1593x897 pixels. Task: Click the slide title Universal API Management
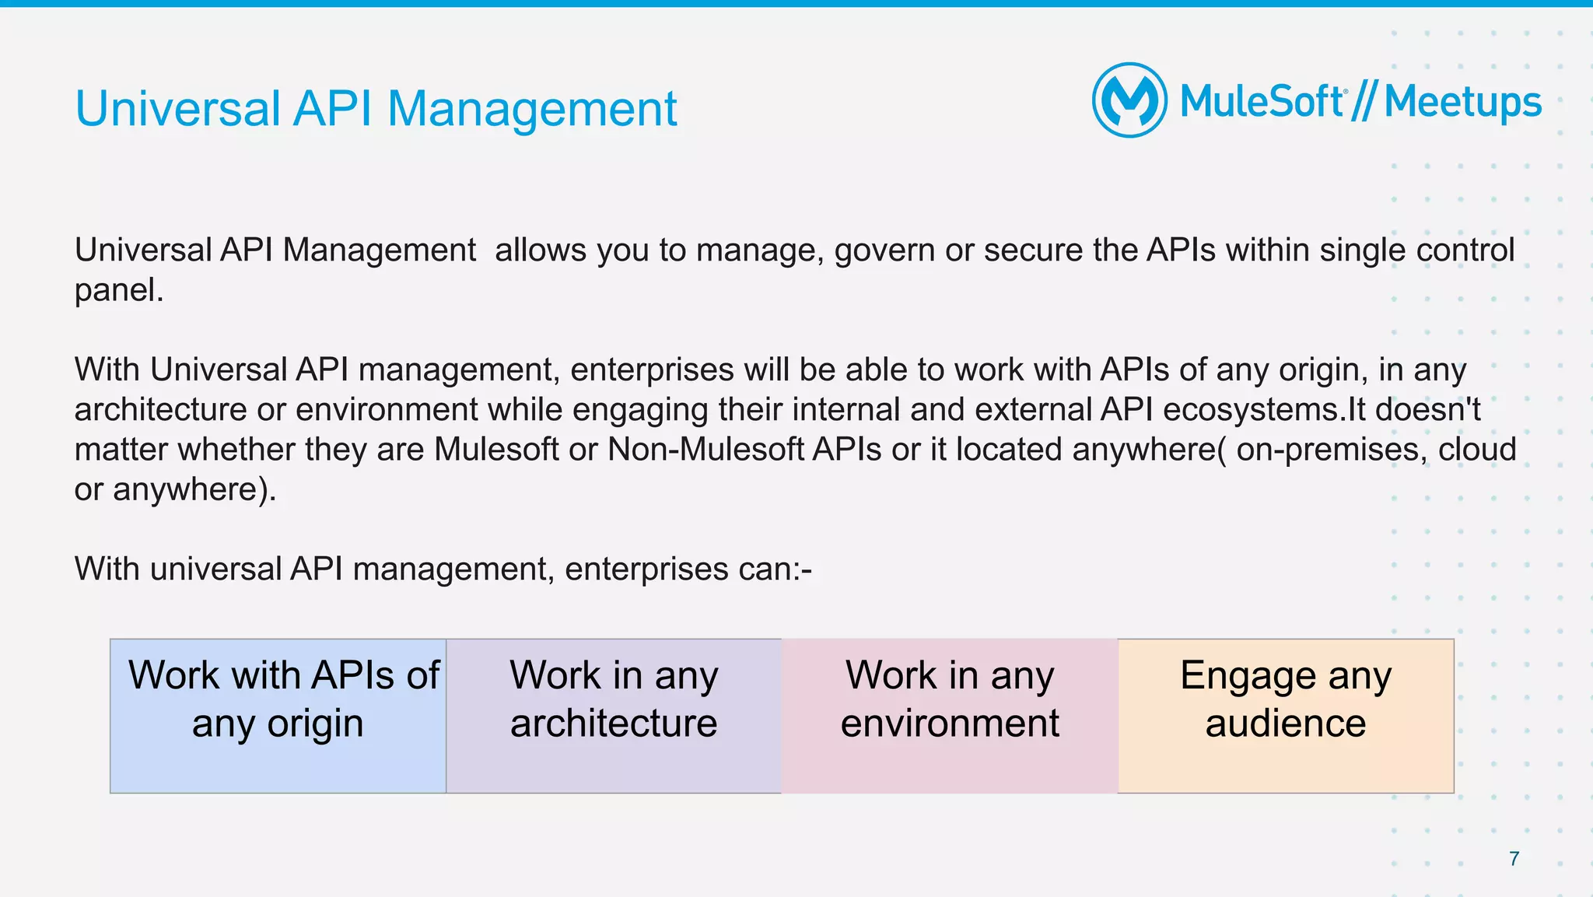tap(376, 108)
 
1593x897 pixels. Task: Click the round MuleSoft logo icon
tap(1129, 100)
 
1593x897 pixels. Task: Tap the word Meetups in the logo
tap(1462, 103)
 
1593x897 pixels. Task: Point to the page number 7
tap(1514, 858)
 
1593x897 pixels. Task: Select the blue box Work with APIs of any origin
tap(278, 716)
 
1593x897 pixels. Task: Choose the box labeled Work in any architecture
tap(614, 716)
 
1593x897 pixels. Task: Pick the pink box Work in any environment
tap(950, 716)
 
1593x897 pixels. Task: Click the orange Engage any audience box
tap(1286, 716)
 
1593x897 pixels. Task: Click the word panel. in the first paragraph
tap(119, 291)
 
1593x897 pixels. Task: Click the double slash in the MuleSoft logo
tap(1364, 103)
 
